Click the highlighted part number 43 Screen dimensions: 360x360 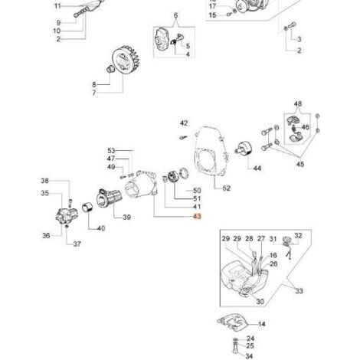pos(198,217)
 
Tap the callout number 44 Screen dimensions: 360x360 pos(257,169)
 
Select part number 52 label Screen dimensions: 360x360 pos(227,188)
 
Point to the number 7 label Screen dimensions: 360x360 pos(94,93)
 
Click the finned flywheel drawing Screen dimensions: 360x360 pos(126,61)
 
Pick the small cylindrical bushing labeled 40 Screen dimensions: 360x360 pos(87,208)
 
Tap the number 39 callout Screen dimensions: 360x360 pos(127,218)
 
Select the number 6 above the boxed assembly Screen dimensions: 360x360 pos(175,15)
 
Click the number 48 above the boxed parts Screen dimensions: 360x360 pos(298,104)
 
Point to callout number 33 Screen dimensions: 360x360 pos(299,291)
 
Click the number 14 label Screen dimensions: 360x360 pos(262,324)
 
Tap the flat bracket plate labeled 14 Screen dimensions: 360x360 pos(233,322)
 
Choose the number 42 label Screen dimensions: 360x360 pos(184,123)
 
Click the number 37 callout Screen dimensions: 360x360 pos(77,244)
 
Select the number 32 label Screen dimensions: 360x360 pos(298,235)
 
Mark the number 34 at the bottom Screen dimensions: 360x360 pos(249,356)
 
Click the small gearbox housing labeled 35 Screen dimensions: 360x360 pos(67,215)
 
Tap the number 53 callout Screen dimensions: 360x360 pos(111,151)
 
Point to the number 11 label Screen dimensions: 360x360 pos(57,6)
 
